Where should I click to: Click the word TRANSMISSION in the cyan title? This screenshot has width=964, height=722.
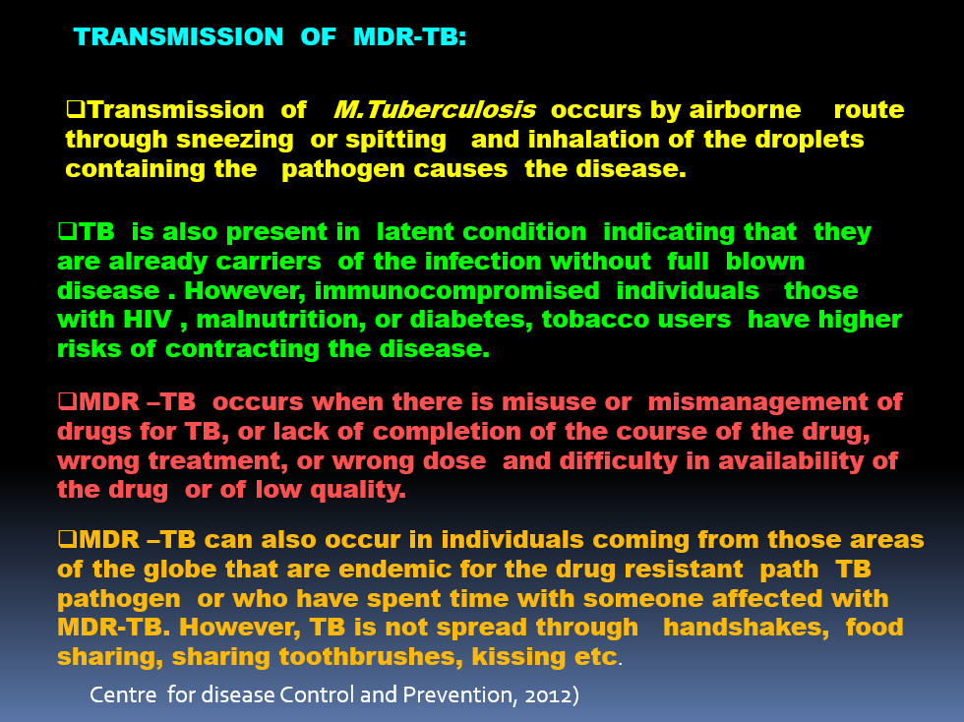178,37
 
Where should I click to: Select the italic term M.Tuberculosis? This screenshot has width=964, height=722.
435,110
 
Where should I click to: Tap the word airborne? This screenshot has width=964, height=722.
746,110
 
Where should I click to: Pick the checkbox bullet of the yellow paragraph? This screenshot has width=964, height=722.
76,109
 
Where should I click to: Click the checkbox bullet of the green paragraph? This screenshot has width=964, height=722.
67,231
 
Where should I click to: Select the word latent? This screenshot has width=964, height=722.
415,232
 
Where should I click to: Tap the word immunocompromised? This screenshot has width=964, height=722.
456,291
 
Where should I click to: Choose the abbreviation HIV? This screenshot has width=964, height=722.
148,320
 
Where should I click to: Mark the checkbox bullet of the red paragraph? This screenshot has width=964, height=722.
67,401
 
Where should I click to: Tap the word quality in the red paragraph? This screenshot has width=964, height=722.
358,490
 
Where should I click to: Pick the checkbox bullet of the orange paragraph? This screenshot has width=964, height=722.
67,539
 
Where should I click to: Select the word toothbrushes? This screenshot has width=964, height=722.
371,657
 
